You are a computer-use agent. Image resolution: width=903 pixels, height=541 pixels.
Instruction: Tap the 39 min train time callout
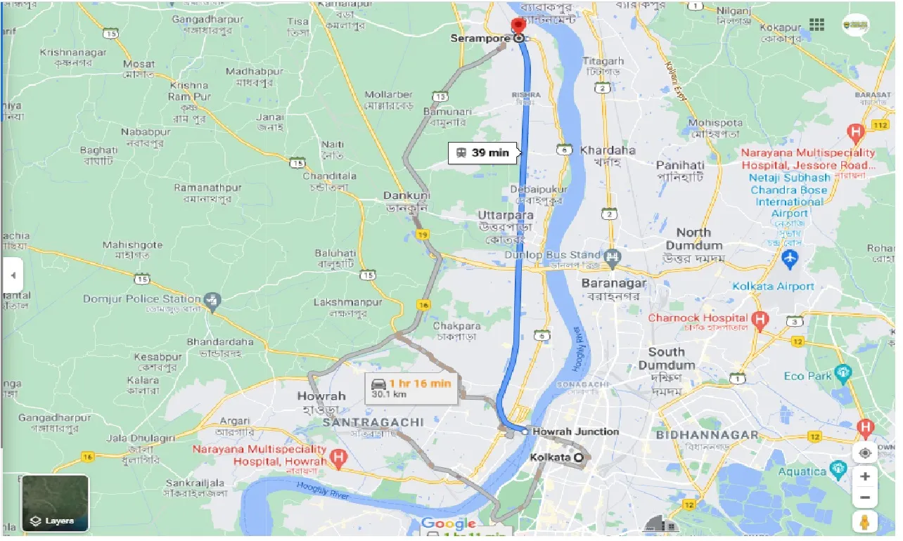(x=483, y=153)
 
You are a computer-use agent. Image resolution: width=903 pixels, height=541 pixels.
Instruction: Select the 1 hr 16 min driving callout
(x=411, y=388)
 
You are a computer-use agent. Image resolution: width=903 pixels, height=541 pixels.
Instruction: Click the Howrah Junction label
(x=575, y=431)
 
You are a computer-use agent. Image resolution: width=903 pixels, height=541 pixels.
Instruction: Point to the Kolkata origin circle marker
(x=579, y=458)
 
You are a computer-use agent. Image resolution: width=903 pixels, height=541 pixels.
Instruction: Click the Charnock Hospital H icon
(x=760, y=321)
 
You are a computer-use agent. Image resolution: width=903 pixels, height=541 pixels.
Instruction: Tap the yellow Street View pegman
(x=864, y=522)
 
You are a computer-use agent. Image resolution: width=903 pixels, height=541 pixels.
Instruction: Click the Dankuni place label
(x=406, y=195)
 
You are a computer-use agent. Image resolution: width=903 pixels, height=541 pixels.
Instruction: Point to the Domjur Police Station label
(x=141, y=299)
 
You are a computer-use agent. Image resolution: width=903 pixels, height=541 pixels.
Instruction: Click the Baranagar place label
(x=613, y=284)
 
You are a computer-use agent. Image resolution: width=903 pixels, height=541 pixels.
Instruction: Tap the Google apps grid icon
(x=816, y=25)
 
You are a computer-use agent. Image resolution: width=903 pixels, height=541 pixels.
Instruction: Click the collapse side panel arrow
(x=12, y=275)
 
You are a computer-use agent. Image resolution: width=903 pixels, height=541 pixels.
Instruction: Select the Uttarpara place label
(x=505, y=215)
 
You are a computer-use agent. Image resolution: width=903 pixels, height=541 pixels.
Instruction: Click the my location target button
(x=864, y=453)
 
